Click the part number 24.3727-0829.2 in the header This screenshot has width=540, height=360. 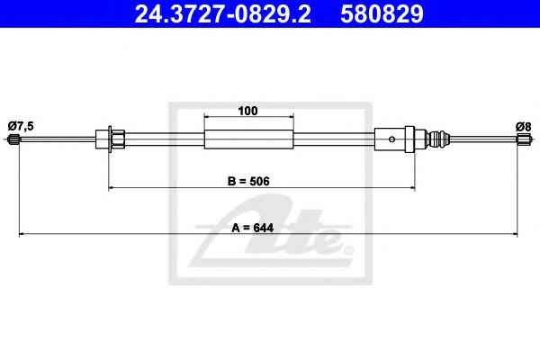coord(222,13)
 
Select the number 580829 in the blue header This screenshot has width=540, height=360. coord(382,13)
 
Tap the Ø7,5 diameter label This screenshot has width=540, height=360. coord(21,126)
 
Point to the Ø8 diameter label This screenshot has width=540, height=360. coord(524,127)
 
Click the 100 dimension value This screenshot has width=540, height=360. coord(247,111)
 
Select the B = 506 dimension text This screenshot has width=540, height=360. coord(248,181)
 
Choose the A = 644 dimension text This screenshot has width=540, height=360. coord(252,228)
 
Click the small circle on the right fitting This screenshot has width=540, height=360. coord(391,139)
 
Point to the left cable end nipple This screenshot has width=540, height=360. coord(13,139)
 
